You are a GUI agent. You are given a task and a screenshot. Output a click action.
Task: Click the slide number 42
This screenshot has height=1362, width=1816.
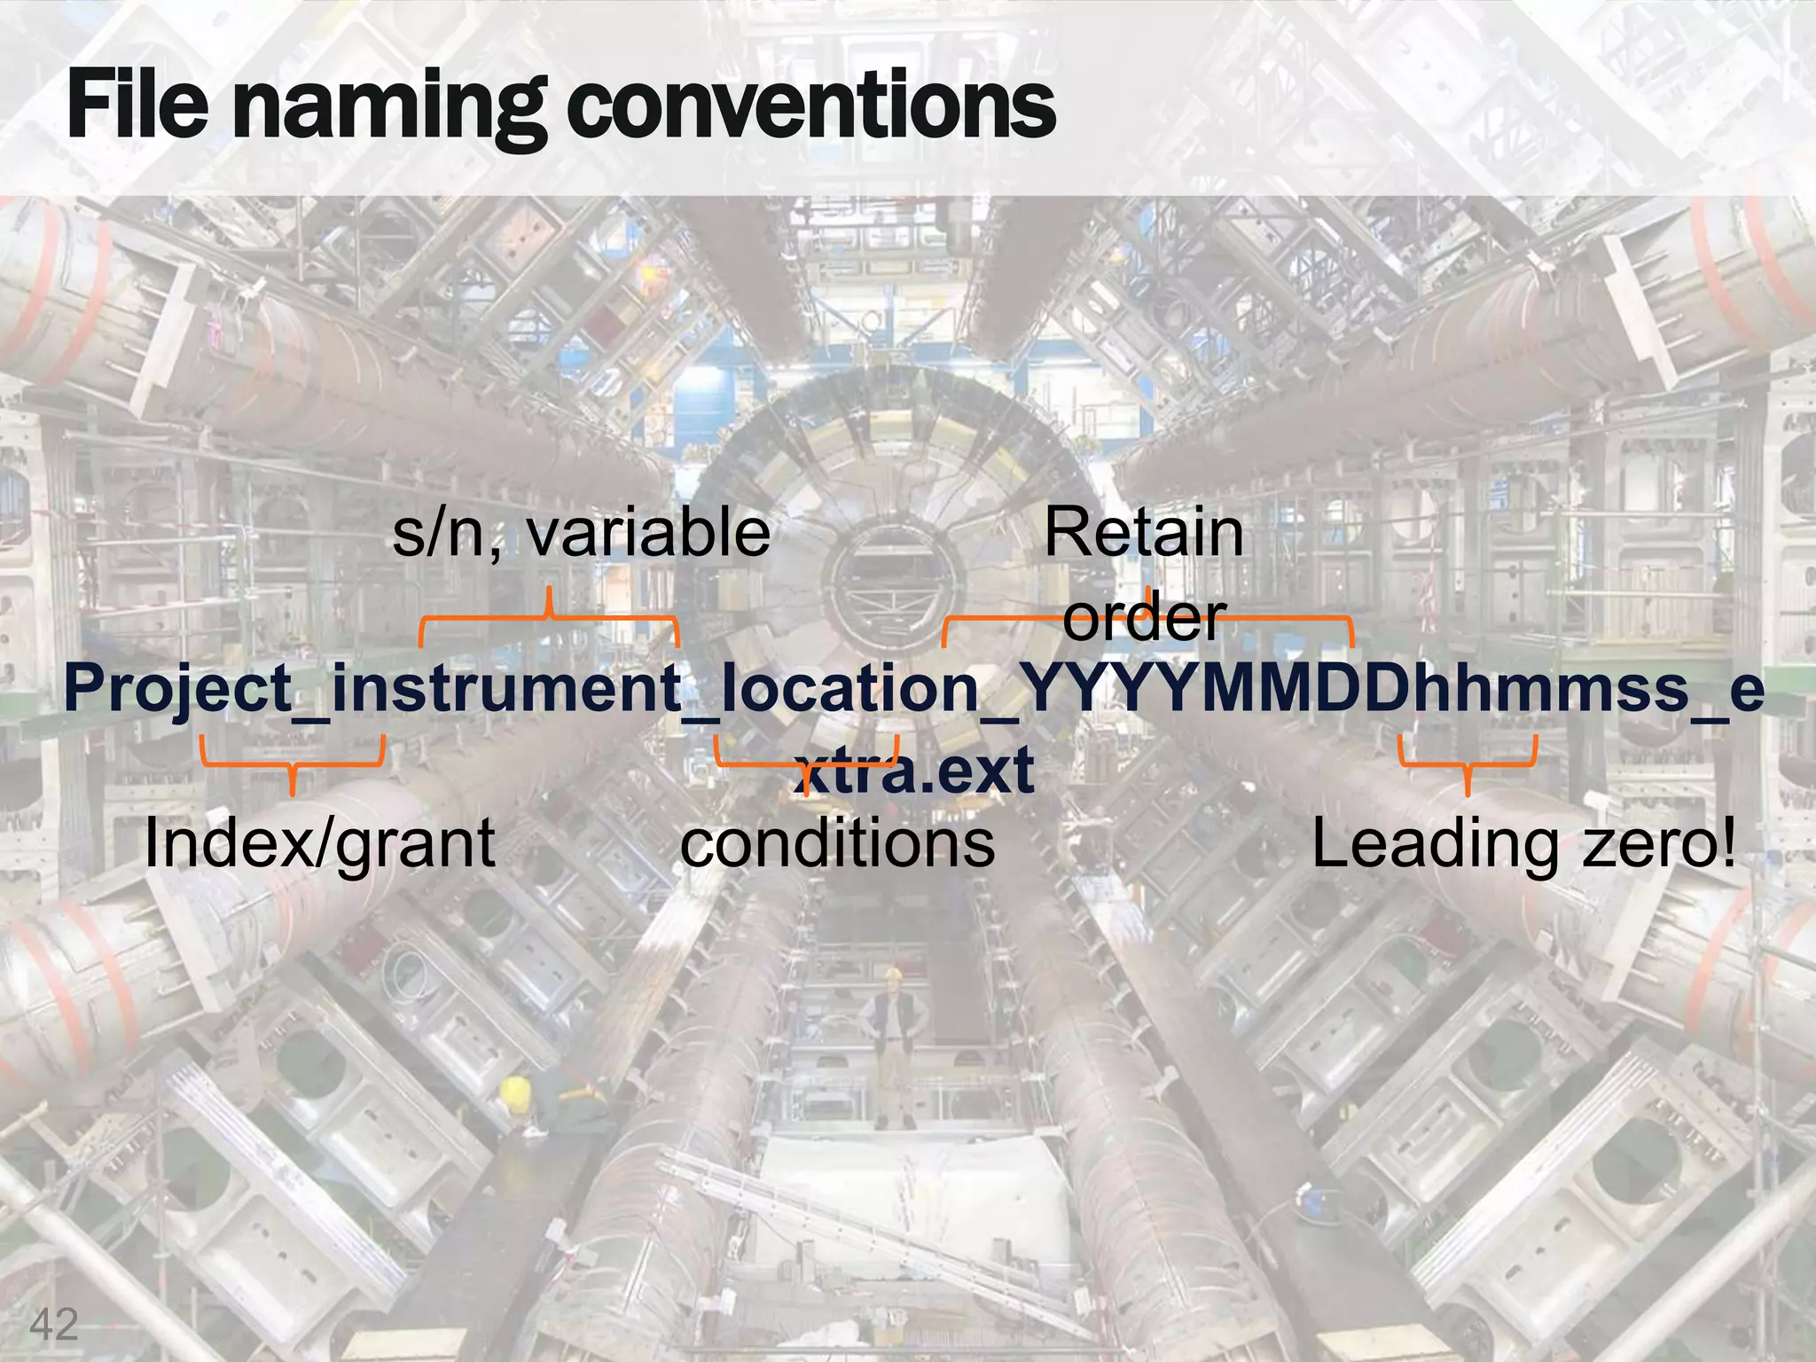click(x=54, y=1325)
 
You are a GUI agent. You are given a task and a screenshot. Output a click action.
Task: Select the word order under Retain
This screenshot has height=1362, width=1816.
click(x=1144, y=617)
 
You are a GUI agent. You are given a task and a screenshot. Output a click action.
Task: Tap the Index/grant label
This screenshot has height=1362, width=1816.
click(x=319, y=842)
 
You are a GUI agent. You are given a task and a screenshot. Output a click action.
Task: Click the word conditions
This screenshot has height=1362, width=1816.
click(x=837, y=842)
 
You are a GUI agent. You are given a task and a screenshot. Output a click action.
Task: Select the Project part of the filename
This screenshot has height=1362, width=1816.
click(x=178, y=690)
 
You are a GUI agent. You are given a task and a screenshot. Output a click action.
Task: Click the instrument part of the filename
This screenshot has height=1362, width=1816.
click(x=505, y=690)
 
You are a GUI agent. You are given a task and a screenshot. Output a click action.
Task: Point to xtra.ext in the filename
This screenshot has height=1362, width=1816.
click(x=914, y=770)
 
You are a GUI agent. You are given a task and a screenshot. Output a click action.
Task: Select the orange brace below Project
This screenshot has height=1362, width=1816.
click(x=292, y=763)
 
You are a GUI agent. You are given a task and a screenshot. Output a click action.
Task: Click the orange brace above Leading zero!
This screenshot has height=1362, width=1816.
click(x=1468, y=764)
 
